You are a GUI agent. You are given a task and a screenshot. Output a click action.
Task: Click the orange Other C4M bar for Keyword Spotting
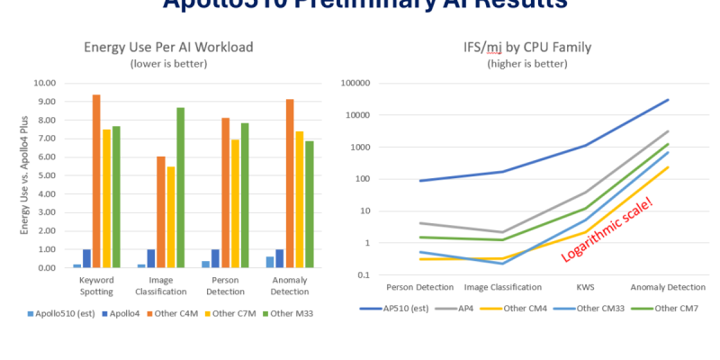96,181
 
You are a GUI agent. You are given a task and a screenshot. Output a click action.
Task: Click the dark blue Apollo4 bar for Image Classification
151,258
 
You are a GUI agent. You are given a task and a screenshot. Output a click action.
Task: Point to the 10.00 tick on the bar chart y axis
44,83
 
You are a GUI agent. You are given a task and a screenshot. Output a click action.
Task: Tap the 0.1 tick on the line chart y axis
362,275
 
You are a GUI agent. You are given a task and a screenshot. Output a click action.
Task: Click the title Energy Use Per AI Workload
168,48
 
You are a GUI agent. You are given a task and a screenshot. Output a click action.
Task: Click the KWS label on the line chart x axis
583,287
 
